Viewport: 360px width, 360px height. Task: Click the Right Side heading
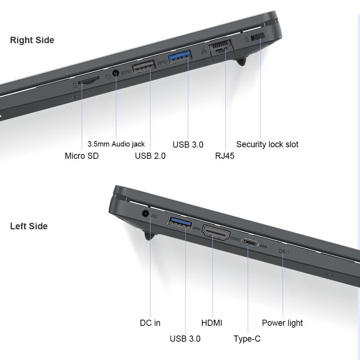click(32, 40)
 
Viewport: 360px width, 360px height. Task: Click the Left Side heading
click(29, 226)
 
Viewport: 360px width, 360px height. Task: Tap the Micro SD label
click(82, 156)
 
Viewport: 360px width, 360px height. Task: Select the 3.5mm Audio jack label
click(116, 144)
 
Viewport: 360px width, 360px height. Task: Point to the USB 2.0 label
click(150, 156)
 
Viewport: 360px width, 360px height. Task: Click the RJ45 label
click(225, 156)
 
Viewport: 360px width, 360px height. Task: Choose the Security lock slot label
click(267, 144)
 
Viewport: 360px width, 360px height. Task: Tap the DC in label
click(150, 323)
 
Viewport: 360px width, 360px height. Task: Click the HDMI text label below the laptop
click(212, 323)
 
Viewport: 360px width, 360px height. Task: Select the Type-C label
click(247, 339)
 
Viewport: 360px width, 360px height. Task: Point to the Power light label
click(282, 323)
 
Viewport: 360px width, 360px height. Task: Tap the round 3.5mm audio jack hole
click(116, 73)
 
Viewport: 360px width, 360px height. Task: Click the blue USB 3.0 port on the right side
click(180, 57)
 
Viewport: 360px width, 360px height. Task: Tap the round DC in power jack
click(145, 213)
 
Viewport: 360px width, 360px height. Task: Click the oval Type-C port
click(250, 243)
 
